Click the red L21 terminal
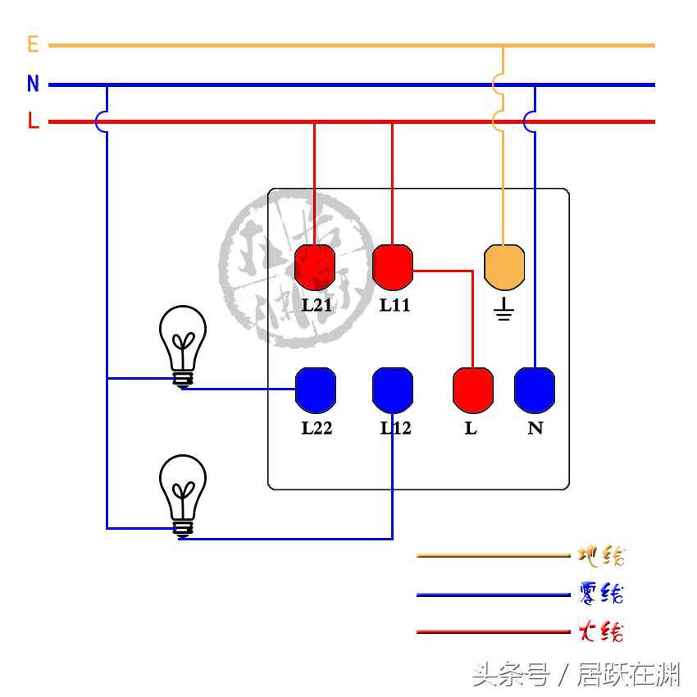[x=315, y=267]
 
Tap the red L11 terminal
[x=393, y=267]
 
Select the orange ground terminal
[x=504, y=267]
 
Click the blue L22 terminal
[x=316, y=390]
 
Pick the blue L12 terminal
[x=393, y=390]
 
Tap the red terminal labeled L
[x=473, y=389]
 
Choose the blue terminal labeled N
[x=535, y=390]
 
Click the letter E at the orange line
[x=33, y=44]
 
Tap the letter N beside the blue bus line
[x=33, y=84]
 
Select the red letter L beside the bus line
[x=33, y=121]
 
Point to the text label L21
[x=317, y=305]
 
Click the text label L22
[x=317, y=428]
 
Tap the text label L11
[x=394, y=305]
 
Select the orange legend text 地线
[x=601, y=556]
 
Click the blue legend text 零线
[x=601, y=593]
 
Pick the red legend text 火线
[x=601, y=631]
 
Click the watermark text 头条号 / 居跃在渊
[x=575, y=675]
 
